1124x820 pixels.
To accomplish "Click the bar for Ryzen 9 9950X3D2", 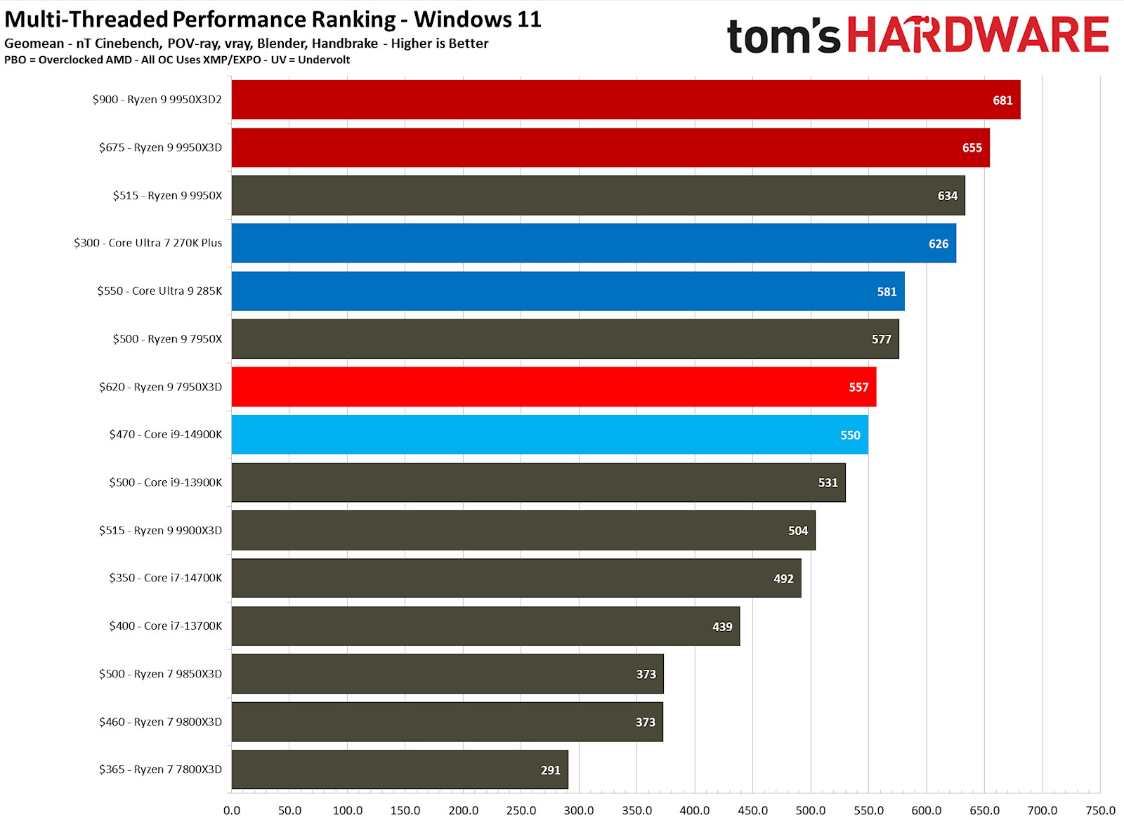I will [x=625, y=100].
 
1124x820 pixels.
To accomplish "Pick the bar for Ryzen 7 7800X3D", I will [x=400, y=769].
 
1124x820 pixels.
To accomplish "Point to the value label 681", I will [x=1002, y=100].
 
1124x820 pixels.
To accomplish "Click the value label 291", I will [x=551, y=770].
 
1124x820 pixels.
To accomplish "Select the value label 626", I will [x=939, y=244].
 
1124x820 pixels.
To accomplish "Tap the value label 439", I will [x=722, y=627].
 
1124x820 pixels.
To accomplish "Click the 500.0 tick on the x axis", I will [x=811, y=810].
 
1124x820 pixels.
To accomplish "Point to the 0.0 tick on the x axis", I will [x=232, y=810].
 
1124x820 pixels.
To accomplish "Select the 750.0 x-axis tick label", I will [x=1100, y=810].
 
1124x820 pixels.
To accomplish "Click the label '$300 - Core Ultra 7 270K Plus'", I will [x=148, y=243].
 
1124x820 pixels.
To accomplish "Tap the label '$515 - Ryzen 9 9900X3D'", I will [x=160, y=530].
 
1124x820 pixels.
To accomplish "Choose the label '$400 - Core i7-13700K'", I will [x=165, y=626].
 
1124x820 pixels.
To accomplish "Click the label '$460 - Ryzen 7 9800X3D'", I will [x=160, y=722].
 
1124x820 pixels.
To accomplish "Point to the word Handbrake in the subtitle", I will [x=345, y=44].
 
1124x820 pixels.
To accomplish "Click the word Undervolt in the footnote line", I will [x=324, y=60].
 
